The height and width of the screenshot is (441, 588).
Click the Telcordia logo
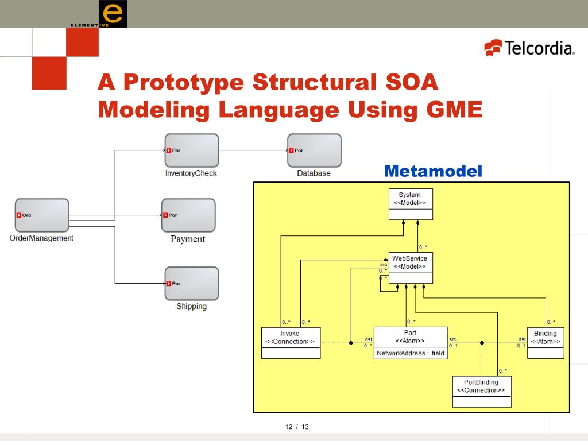529,47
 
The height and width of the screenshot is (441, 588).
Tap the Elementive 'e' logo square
113,14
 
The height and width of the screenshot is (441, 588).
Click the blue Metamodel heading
433,171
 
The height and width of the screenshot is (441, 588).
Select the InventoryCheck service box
191,150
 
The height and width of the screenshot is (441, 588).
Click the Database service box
314,150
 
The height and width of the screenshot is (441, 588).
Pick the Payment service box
188,215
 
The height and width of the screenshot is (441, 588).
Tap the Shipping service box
191,283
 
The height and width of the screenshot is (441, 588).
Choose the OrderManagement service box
42,215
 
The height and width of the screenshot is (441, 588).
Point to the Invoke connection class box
290,343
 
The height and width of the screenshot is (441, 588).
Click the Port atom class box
410,343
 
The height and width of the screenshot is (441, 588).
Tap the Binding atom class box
545,343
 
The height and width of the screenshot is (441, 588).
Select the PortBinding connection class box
481,392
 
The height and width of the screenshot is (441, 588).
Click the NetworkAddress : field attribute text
410,353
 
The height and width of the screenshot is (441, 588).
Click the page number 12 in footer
289,427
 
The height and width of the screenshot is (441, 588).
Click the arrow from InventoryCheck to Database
253,150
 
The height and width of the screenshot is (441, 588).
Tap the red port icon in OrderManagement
19,215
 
